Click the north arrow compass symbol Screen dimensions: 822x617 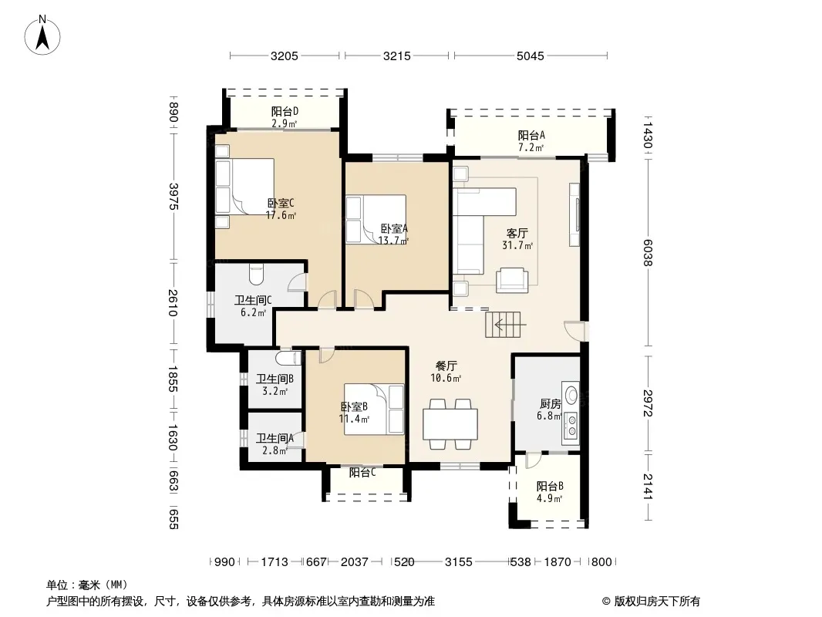tap(42, 35)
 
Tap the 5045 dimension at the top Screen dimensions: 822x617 tap(530, 56)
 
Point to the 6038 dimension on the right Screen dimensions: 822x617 tap(648, 253)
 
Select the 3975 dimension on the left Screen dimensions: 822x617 tap(174, 197)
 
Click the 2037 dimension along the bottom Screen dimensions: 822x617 tap(355, 562)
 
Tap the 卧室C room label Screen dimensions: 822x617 tap(281, 203)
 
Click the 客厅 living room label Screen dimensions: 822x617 tap(517, 233)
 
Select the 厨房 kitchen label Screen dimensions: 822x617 tap(550, 403)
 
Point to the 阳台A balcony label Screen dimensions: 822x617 tap(531, 135)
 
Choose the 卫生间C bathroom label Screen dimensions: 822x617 tap(253, 300)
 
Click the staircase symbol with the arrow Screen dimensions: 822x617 tap(505, 325)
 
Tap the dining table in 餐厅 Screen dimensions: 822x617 tap(450, 424)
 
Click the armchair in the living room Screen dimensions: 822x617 tap(512, 279)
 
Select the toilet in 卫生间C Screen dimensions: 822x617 tap(256, 273)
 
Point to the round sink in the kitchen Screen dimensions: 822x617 tap(571, 394)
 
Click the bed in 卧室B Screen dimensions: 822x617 tap(374, 410)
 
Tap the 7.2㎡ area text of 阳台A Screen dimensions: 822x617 tap(531, 147)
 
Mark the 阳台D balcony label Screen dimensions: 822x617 tap(285, 112)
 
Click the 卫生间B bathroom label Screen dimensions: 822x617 tap(275, 379)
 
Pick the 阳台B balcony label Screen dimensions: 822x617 tap(549, 487)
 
